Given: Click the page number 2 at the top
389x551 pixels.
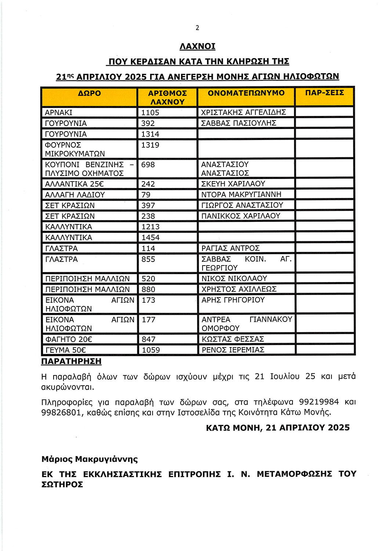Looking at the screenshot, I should tap(197, 28).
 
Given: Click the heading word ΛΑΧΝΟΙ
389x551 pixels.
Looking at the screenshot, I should tap(197, 47).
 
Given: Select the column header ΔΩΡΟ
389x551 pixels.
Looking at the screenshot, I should tap(89, 93).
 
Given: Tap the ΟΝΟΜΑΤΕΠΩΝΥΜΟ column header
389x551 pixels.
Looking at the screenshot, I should tap(246, 93).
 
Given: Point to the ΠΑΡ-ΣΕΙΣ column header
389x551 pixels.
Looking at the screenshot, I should tap(324, 93).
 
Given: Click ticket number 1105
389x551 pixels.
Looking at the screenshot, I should tap(150, 113).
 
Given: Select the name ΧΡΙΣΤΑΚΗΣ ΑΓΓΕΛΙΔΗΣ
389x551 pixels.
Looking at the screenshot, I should tap(243, 112).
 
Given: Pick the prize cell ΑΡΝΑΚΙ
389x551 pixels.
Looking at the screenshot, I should tap(59, 113).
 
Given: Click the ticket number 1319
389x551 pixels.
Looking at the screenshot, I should tap(150, 145).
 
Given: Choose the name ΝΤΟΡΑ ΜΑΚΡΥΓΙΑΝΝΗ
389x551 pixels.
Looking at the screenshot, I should tap(241, 194).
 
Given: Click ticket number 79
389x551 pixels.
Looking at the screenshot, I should tap(146, 195).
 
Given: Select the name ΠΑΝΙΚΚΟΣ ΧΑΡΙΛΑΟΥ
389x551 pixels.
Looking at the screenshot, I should tap(241, 216).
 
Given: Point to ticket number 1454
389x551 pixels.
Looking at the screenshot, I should tap(150, 238).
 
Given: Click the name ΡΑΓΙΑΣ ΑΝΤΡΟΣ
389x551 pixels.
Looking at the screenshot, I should tap(230, 248).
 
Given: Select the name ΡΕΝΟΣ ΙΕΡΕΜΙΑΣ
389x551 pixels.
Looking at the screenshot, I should tap(233, 350).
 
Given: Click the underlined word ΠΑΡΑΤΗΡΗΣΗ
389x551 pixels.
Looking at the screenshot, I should tap(71, 361).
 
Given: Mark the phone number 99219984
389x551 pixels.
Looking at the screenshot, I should tap(319, 402).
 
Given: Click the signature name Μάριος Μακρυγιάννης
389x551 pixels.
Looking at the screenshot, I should tap(90, 459).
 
